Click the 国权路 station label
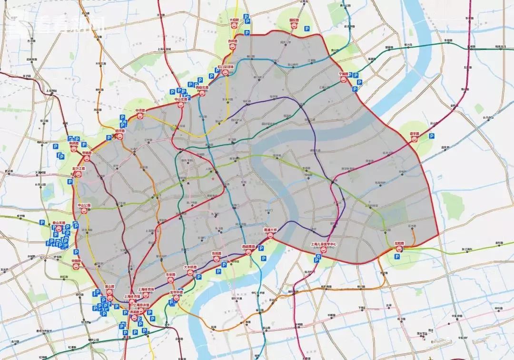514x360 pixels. (x=294, y=20)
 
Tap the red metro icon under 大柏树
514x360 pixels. (x=234, y=27)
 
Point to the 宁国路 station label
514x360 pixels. (x=344, y=74)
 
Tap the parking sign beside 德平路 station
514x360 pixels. (x=431, y=136)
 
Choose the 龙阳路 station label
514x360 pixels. (x=399, y=243)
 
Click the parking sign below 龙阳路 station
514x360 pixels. (x=397, y=257)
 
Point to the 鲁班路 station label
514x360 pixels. (x=216, y=254)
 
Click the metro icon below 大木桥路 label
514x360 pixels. (x=189, y=273)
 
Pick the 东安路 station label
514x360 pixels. (x=171, y=275)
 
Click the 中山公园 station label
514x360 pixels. (x=84, y=205)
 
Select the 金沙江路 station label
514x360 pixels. (x=79, y=168)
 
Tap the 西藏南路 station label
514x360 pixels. (x=248, y=247)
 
